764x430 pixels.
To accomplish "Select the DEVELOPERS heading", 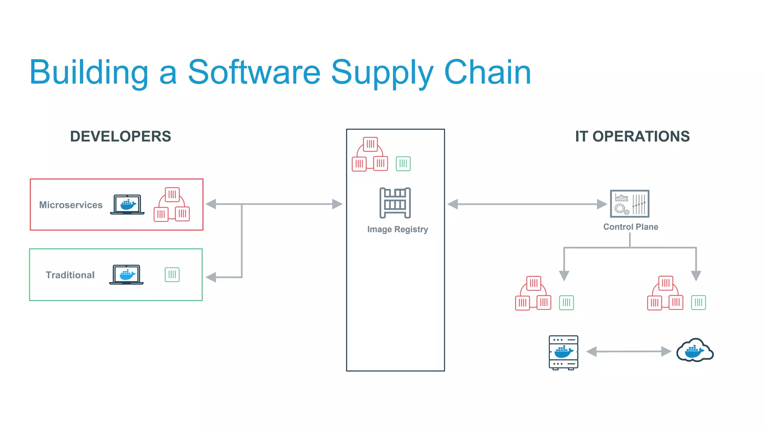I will pyautogui.click(x=120, y=137).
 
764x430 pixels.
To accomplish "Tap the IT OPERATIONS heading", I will pyautogui.click(x=632, y=137).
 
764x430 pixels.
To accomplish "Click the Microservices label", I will pyautogui.click(x=71, y=205).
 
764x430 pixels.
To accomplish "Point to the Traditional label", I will pyautogui.click(x=70, y=275).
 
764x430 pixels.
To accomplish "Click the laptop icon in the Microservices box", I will pyautogui.click(x=127, y=205).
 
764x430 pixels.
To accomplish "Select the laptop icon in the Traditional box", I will pyautogui.click(x=126, y=275).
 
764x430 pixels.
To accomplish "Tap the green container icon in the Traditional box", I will pyautogui.click(x=172, y=275).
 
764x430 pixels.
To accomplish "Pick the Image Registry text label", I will pyautogui.click(x=397, y=229).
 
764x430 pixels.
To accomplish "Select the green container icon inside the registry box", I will pyautogui.click(x=403, y=163).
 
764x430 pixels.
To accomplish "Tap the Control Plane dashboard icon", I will pyautogui.click(x=629, y=204).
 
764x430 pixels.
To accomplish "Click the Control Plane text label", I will pyautogui.click(x=630, y=227).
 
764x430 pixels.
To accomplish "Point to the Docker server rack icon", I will pyautogui.click(x=563, y=352).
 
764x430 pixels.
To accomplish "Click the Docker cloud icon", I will pyautogui.click(x=695, y=350).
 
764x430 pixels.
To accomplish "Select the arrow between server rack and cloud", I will pyautogui.click(x=629, y=352).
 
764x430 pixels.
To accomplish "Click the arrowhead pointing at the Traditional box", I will pyautogui.click(x=211, y=277).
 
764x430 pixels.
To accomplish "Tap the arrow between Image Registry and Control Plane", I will pyautogui.click(x=527, y=204).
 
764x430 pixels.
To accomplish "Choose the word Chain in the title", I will pyautogui.click(x=487, y=73).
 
